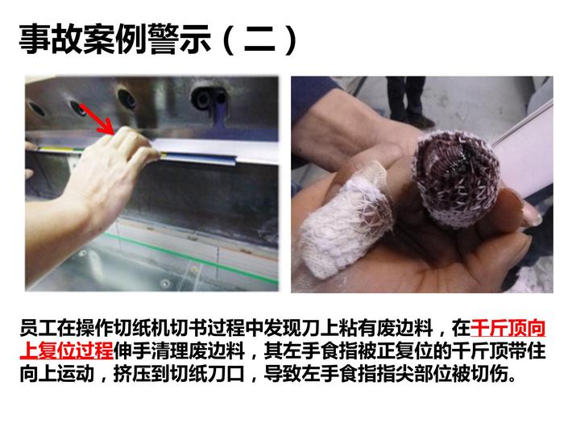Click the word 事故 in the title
pyautogui.click(x=51, y=39)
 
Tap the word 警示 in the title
pyautogui.click(x=179, y=39)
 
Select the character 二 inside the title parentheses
pyautogui.click(x=259, y=39)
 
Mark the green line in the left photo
pyautogui.click(x=191, y=258)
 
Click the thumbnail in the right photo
pyautogui.click(x=532, y=214)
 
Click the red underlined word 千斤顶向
pyautogui.click(x=508, y=328)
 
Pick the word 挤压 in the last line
pyautogui.click(x=132, y=374)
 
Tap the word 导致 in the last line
pyautogui.click(x=283, y=374)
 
